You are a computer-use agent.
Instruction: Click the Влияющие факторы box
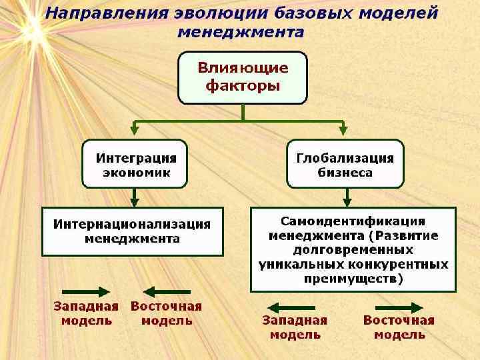(242, 77)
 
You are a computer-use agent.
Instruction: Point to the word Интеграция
(136, 158)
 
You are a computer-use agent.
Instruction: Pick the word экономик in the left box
(136, 172)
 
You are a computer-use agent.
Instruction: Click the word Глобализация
(345, 158)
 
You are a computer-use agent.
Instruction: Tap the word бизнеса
(345, 172)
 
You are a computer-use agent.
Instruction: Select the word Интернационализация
(132, 224)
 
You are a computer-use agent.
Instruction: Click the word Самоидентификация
(353, 221)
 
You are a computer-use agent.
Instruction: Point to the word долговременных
(353, 250)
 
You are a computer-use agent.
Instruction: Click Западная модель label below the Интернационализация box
(86, 313)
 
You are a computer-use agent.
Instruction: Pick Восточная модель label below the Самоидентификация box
(399, 327)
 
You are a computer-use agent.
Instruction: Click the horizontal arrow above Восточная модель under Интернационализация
(167, 291)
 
